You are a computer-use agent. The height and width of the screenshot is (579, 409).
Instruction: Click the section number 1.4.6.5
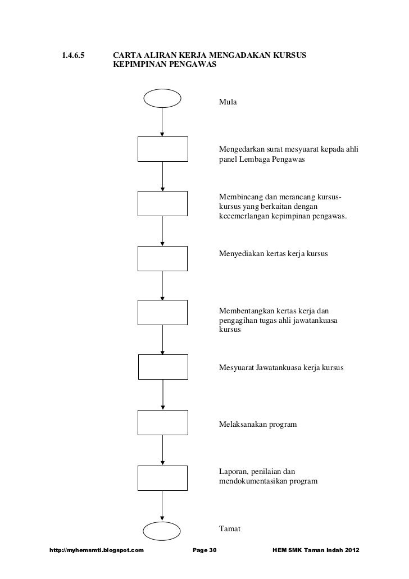pos(73,56)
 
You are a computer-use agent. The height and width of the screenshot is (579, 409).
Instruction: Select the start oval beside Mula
pos(162,98)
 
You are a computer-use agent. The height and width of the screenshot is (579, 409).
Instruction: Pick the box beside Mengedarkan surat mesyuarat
pos(162,149)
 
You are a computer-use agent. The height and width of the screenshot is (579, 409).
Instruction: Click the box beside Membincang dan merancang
pos(162,203)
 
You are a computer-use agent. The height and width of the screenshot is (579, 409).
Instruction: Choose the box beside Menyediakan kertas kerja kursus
pos(162,258)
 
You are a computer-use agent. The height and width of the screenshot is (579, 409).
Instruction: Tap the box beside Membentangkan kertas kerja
pos(162,312)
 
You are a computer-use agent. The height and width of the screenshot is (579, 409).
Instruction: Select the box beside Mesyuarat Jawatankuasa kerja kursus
pos(162,367)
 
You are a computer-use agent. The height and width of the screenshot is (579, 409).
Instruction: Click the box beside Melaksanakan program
pos(162,422)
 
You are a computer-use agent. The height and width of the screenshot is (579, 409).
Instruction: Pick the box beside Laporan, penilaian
pos(162,477)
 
